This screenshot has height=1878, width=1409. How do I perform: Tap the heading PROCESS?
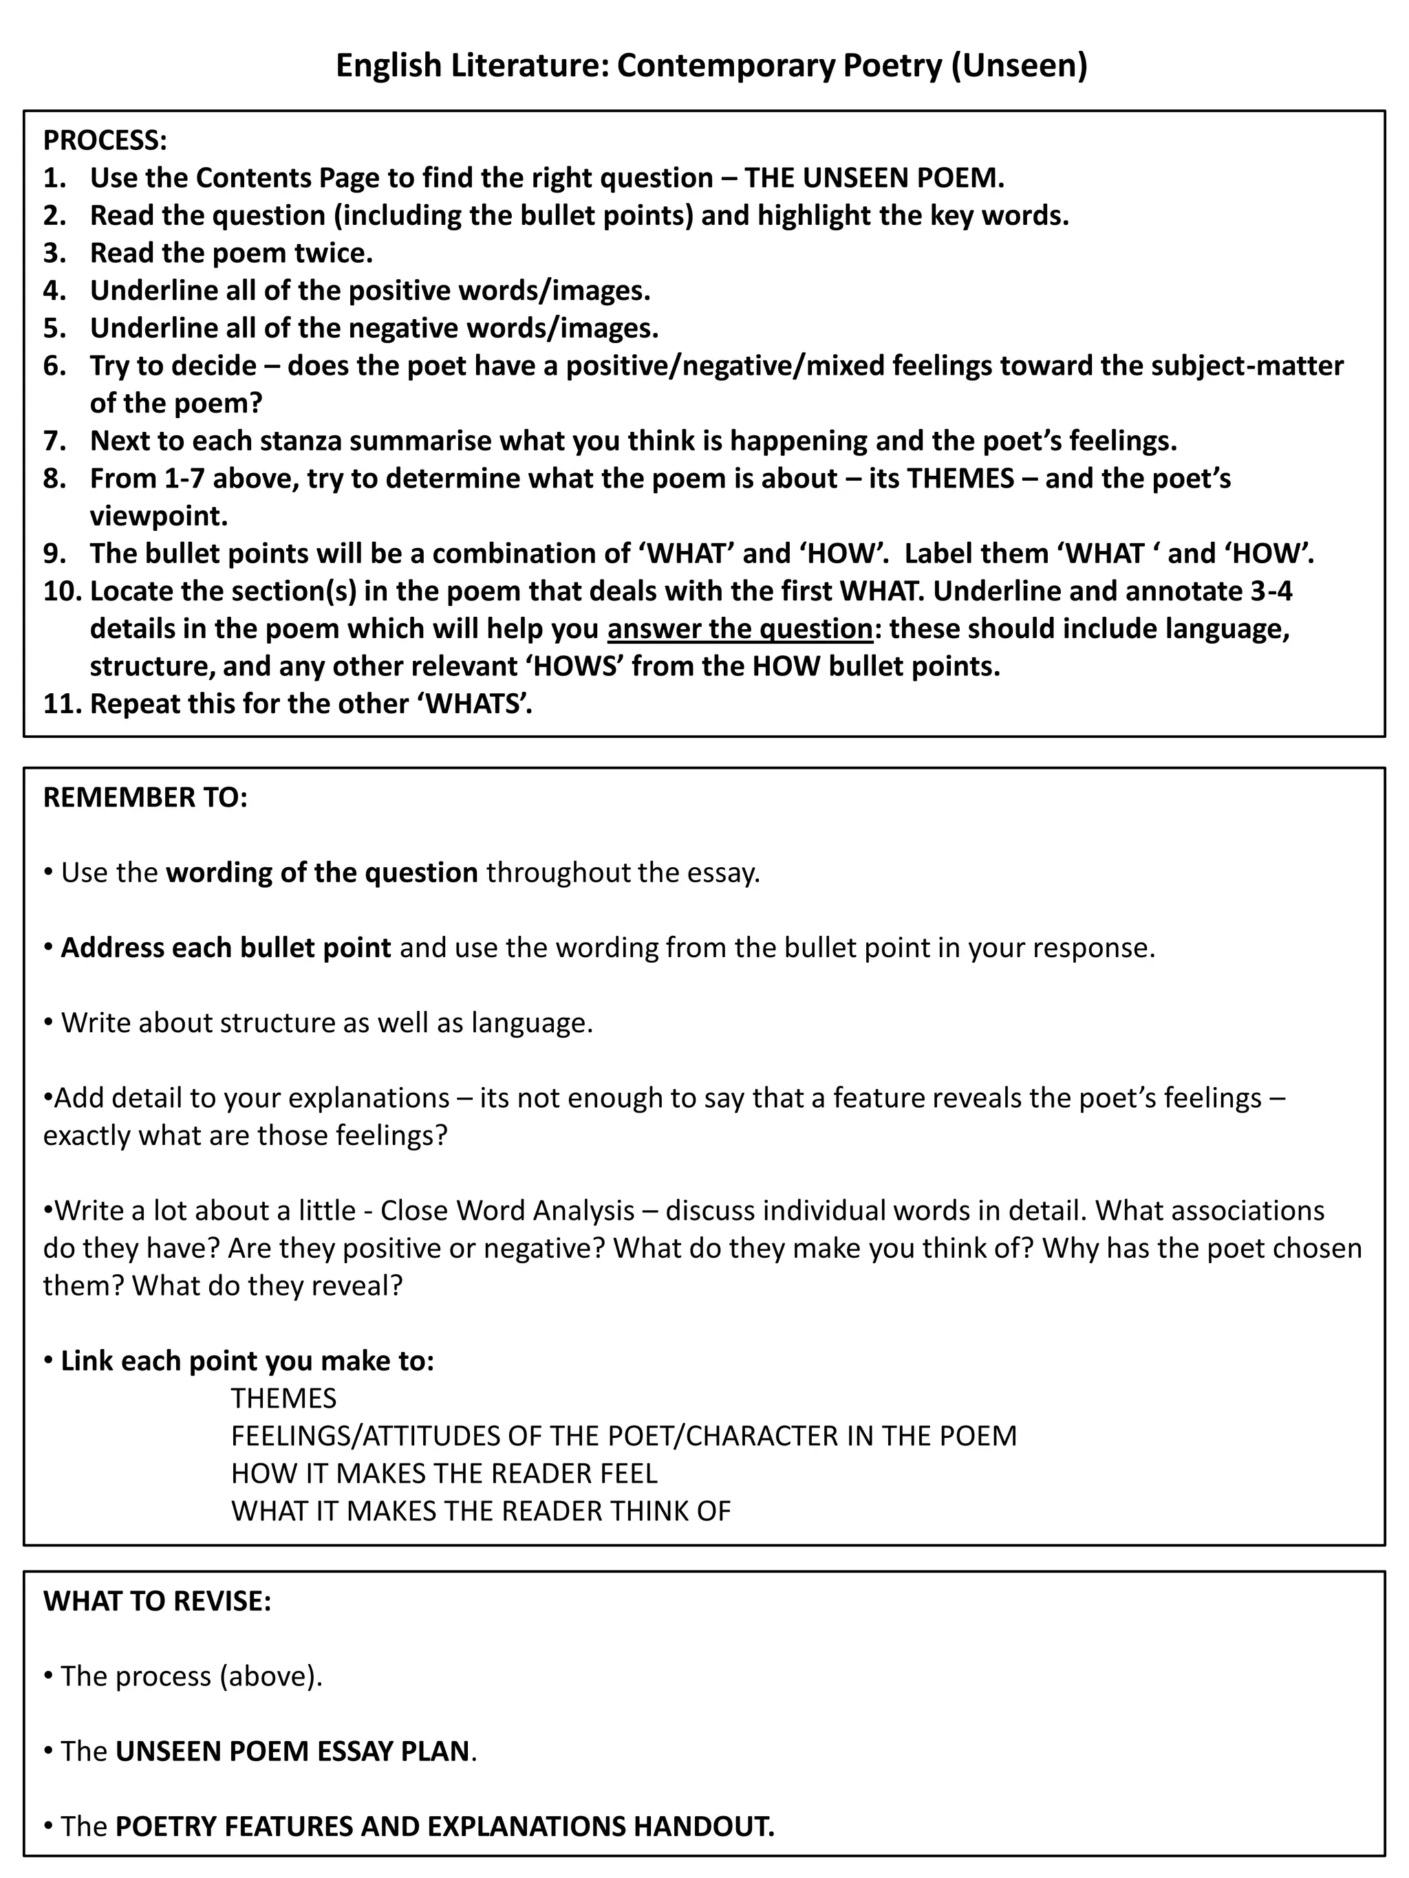105,140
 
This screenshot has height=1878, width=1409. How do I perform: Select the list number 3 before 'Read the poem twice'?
54,253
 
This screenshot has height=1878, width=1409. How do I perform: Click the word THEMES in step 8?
960,478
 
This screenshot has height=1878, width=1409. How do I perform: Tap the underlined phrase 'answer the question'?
740,629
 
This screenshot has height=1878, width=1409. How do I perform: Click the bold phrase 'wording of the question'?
322,872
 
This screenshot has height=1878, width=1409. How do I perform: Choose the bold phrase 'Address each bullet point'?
226,948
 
